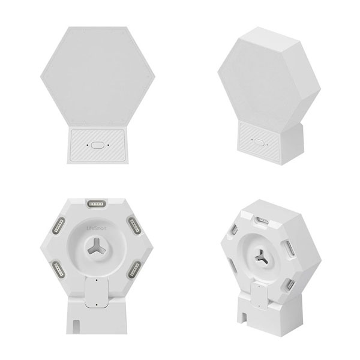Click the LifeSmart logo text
(97, 229)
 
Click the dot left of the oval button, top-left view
(87, 145)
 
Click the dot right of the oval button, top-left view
(108, 145)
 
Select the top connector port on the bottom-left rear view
(97, 203)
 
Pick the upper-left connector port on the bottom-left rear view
(59, 226)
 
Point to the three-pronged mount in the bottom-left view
(97, 247)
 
